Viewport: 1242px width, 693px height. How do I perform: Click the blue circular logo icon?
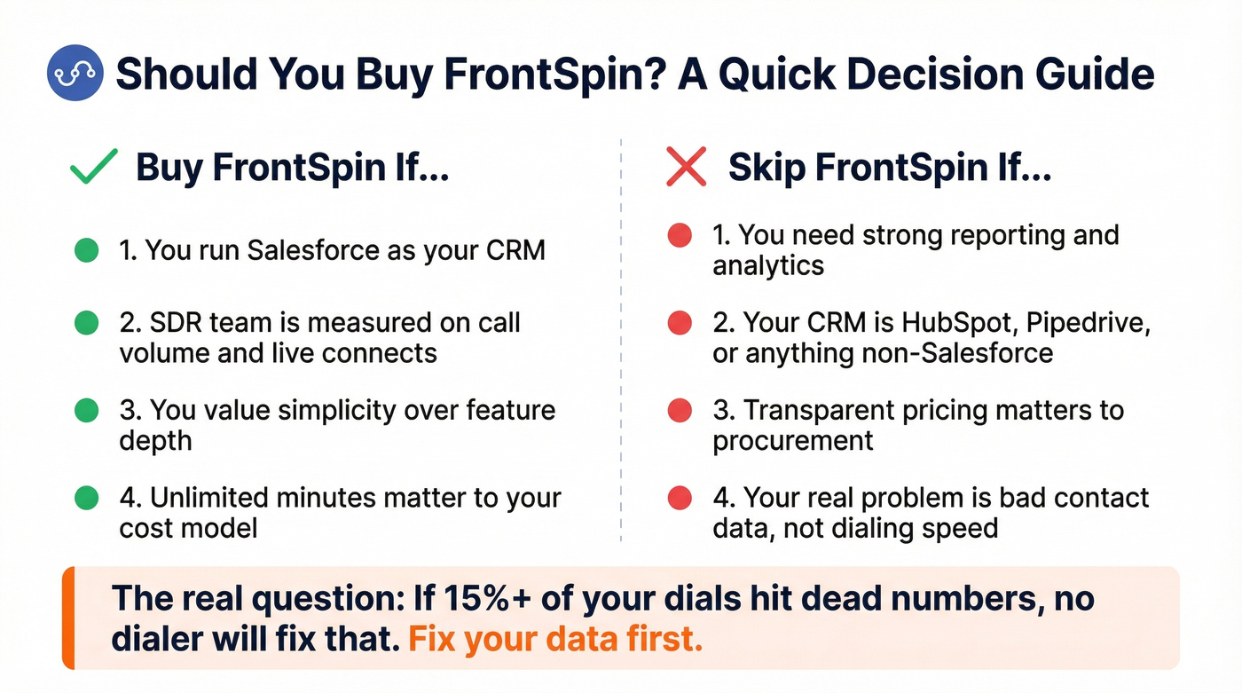[x=75, y=72]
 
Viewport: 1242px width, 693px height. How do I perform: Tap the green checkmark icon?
[x=93, y=167]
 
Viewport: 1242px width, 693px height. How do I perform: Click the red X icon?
[x=687, y=167]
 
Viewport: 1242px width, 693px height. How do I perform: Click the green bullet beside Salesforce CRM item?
[x=86, y=250]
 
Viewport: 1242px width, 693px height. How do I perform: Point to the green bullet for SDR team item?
[x=86, y=323]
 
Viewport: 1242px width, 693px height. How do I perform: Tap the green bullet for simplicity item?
[x=86, y=410]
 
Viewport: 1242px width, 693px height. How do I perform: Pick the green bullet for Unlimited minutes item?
[x=86, y=498]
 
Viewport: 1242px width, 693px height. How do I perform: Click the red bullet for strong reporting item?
[x=680, y=236]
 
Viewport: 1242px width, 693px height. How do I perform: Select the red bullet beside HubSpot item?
[x=680, y=323]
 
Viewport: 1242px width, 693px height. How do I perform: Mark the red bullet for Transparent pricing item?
[x=680, y=410]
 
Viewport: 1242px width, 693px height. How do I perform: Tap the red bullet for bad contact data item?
[x=680, y=498]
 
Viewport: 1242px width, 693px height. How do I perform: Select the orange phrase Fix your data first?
[x=555, y=639]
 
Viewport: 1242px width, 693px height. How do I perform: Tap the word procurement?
[x=793, y=441]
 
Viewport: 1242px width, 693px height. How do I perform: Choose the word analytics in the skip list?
[x=768, y=265]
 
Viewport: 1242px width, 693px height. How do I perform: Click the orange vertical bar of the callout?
[x=68, y=618]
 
